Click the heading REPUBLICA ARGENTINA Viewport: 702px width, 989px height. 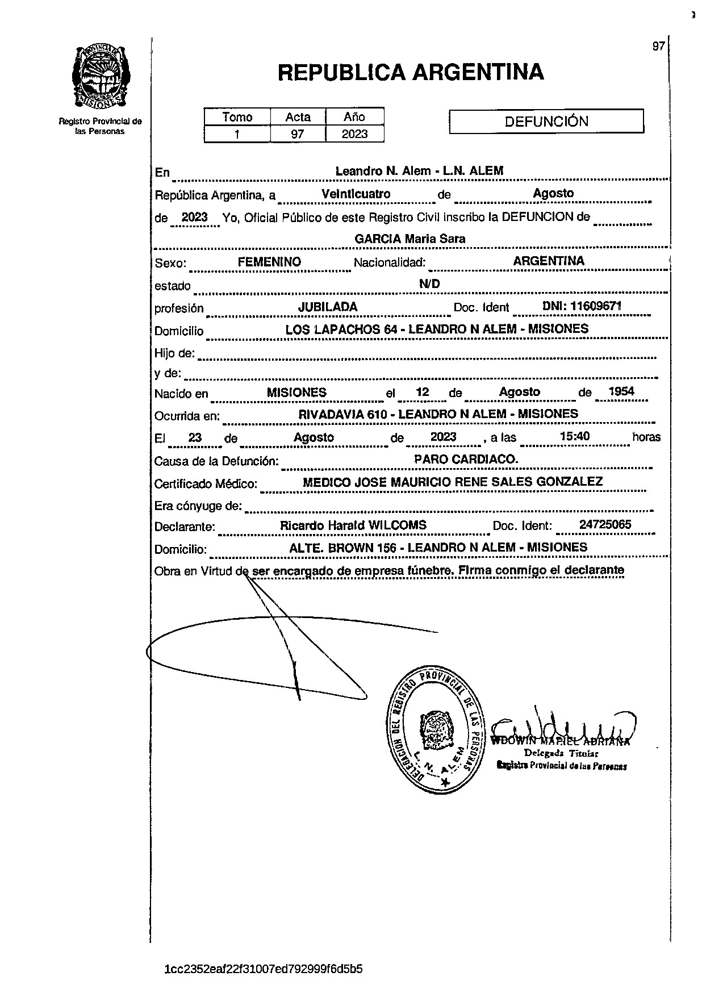click(x=411, y=72)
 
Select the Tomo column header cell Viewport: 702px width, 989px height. click(x=237, y=117)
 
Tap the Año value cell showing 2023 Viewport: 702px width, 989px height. click(x=354, y=134)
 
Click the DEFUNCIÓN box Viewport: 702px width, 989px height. click(x=546, y=121)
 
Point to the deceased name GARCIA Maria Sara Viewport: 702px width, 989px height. click(x=409, y=239)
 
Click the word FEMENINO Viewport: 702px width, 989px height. click(x=269, y=262)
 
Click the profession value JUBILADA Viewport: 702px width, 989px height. click(x=328, y=307)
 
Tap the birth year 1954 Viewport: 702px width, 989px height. click(x=621, y=391)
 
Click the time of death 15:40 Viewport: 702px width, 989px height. click(x=574, y=436)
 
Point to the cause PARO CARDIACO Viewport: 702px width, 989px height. click(x=466, y=459)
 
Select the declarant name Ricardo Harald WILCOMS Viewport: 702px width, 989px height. click(x=353, y=525)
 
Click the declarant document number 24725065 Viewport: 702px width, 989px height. click(x=605, y=525)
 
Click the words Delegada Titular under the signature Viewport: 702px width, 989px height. click(x=561, y=753)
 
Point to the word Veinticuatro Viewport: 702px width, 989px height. click(x=356, y=194)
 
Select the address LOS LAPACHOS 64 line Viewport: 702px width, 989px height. click(x=437, y=329)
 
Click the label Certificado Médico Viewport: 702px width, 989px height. click(x=206, y=484)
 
